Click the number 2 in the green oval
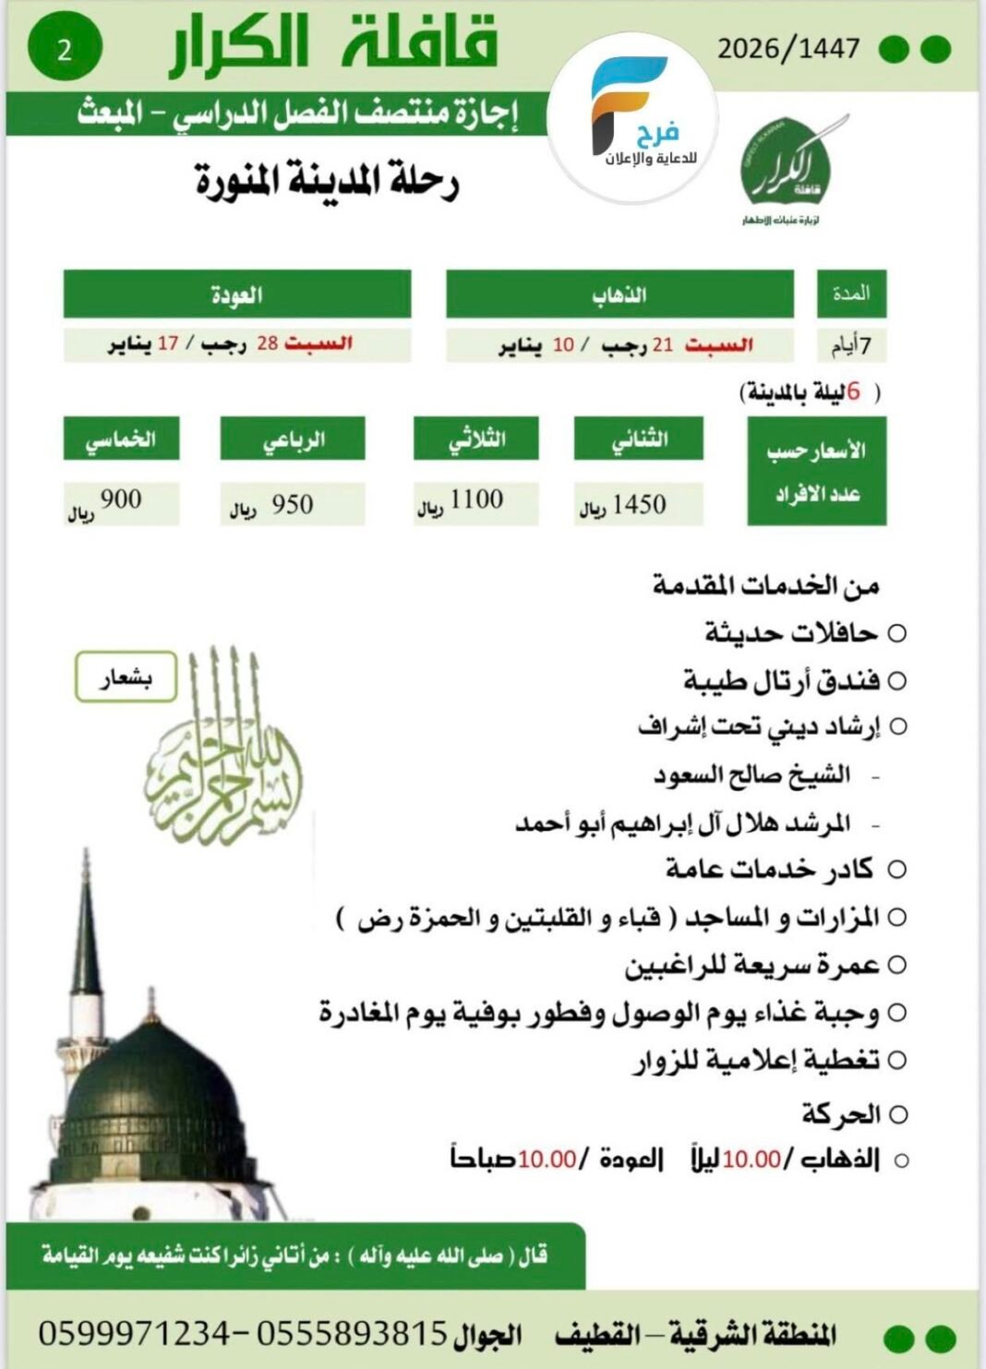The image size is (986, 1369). (64, 50)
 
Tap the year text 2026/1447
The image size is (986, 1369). (788, 49)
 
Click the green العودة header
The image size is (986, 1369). (236, 294)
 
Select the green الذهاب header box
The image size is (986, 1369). (619, 294)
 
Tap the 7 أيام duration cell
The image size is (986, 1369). (851, 345)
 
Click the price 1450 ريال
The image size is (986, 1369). (638, 504)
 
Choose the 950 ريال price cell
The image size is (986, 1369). (292, 504)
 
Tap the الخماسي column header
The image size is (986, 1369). (120, 439)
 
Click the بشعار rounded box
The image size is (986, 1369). (126, 678)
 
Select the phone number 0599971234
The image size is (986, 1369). (133, 1332)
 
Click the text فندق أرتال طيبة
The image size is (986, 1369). (781, 681)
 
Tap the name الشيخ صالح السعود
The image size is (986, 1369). (752, 775)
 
